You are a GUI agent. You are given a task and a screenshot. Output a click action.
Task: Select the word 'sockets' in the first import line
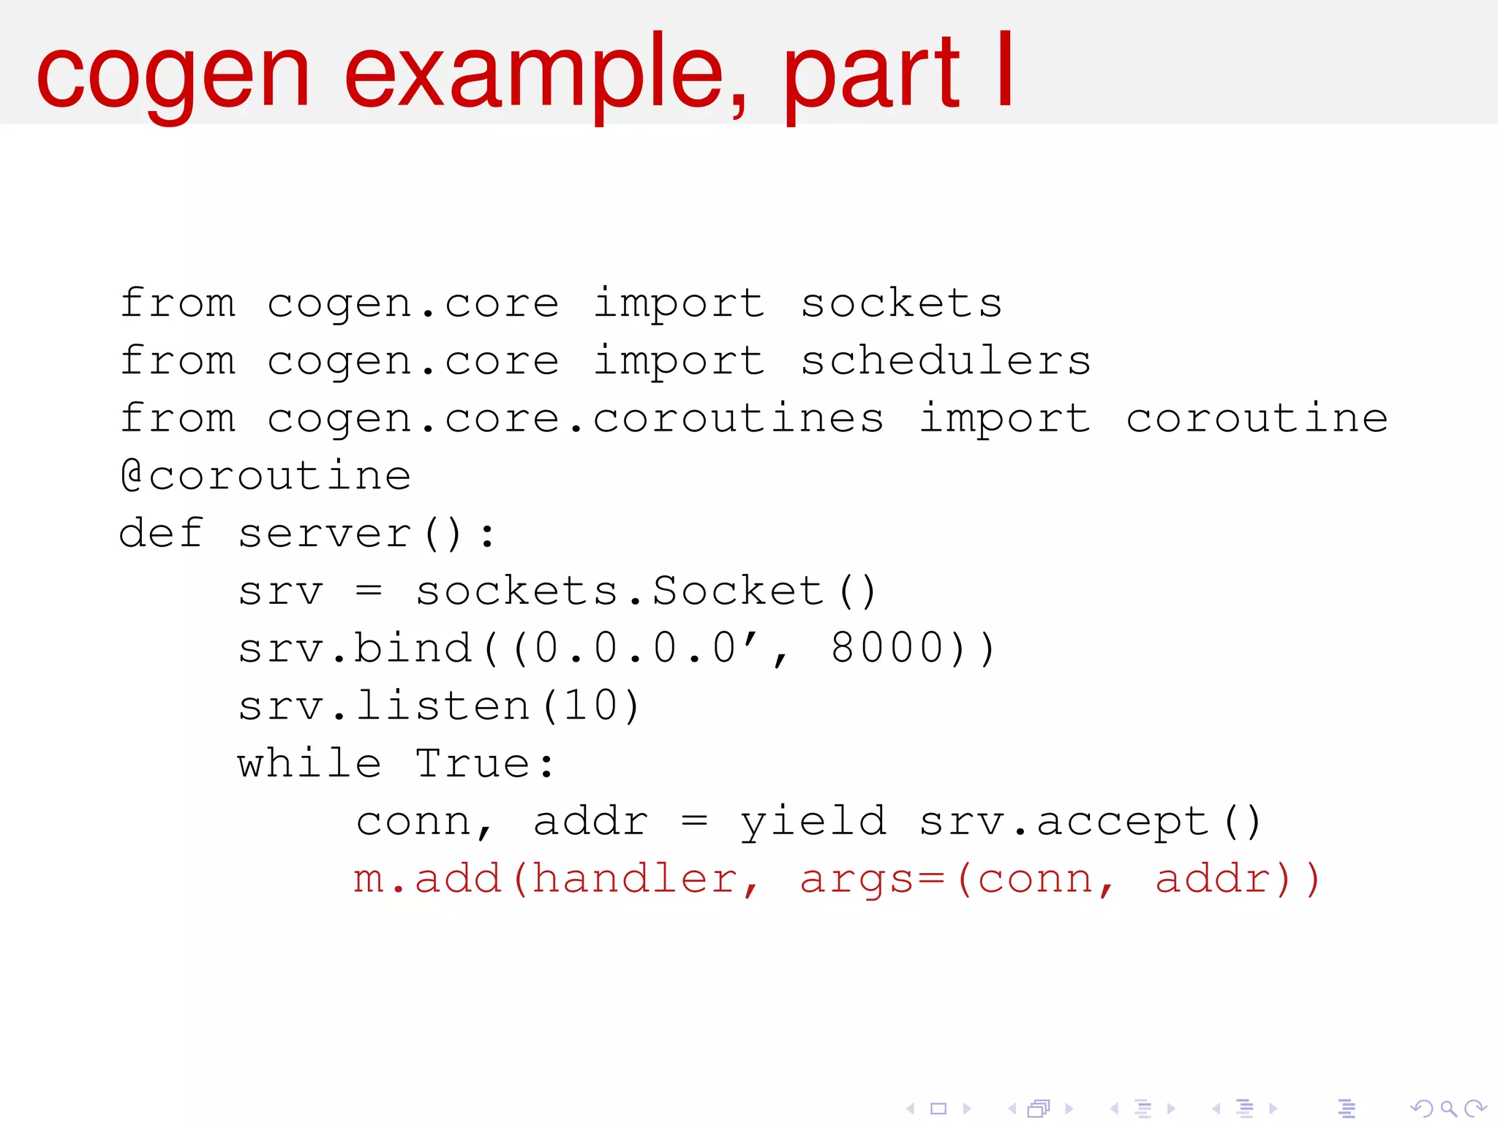[x=901, y=303]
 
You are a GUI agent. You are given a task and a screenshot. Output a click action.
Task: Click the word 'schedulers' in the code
[x=945, y=361]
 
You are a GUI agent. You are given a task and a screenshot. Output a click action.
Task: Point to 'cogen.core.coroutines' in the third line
[x=575, y=419]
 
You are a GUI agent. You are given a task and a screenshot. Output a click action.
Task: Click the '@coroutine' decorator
[x=266, y=476]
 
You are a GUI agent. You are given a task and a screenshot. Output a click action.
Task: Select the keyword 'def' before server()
[x=161, y=533]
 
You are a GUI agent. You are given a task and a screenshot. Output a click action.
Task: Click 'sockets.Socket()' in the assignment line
[x=646, y=591]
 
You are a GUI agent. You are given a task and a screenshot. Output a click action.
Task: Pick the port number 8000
[x=887, y=649]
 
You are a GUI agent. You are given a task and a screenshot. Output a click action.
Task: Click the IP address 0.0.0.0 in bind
[x=635, y=649]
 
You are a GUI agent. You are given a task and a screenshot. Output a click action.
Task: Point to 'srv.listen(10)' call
[x=439, y=706]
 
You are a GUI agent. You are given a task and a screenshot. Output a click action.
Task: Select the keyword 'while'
[x=309, y=764]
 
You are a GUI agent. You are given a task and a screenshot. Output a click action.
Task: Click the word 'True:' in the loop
[x=485, y=764]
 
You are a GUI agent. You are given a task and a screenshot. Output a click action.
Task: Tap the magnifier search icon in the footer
[x=1448, y=1108]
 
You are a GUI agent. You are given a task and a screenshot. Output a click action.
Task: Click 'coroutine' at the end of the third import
[x=1257, y=419]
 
